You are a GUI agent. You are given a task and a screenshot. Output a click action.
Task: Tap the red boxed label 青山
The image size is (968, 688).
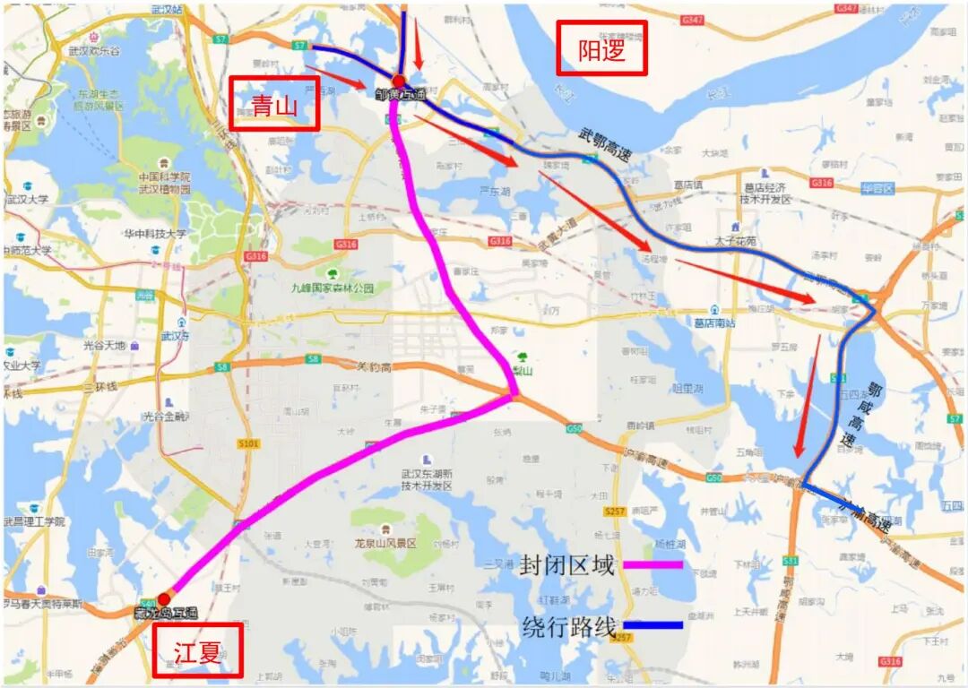pyautogui.click(x=274, y=104)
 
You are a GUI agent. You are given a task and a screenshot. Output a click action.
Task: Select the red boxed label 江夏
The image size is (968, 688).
pyautogui.click(x=197, y=650)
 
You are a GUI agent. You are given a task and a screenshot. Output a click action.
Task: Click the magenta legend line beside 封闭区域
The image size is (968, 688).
pyautogui.click(x=653, y=564)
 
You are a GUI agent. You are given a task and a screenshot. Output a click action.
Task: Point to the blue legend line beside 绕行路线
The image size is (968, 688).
pyautogui.click(x=653, y=625)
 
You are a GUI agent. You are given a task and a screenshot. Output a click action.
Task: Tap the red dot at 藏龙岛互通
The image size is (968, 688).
pyautogui.click(x=164, y=598)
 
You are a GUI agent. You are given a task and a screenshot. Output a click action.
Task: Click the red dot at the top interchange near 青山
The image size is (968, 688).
pyautogui.click(x=399, y=82)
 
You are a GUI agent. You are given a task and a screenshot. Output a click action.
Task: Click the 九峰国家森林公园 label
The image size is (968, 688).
pyautogui.click(x=332, y=288)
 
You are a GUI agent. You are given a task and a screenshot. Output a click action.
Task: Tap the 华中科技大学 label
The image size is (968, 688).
pyautogui.click(x=156, y=234)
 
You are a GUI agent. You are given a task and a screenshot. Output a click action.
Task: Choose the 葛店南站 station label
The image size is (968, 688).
pyautogui.click(x=714, y=322)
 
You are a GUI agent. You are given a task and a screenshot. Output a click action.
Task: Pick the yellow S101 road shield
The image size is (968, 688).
pyautogui.click(x=248, y=443)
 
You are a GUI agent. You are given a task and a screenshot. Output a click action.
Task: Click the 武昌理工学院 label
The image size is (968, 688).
pyautogui.click(x=34, y=521)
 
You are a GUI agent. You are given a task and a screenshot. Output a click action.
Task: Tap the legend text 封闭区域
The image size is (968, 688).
pyautogui.click(x=568, y=565)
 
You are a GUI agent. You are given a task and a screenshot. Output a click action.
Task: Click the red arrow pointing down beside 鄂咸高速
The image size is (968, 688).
pyautogui.click(x=807, y=394)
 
